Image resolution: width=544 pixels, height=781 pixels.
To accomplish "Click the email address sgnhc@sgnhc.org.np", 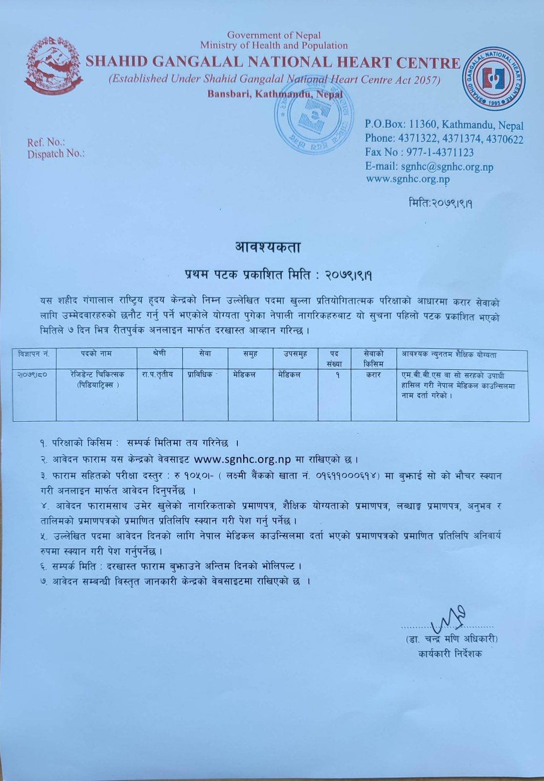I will (x=429, y=166).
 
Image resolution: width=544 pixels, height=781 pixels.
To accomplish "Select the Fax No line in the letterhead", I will (x=419, y=152).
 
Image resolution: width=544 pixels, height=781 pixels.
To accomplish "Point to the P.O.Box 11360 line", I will (x=443, y=125).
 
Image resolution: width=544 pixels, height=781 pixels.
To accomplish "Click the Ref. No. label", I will (x=46, y=143).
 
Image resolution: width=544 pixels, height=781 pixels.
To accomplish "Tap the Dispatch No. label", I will (x=56, y=154).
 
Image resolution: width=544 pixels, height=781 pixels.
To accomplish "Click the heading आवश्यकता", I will (x=268, y=247).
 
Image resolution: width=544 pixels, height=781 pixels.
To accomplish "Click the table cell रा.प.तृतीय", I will (x=157, y=375).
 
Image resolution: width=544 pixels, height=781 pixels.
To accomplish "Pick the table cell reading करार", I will (x=373, y=375).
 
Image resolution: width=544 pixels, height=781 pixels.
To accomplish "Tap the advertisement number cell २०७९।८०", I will (x=34, y=375).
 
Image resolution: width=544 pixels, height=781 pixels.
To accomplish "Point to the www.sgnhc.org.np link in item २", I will (x=243, y=459).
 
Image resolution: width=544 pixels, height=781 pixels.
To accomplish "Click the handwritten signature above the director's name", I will (x=448, y=617).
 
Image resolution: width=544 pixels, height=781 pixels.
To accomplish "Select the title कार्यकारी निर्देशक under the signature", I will (x=450, y=654).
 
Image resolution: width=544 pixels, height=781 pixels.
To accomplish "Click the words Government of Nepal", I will (x=274, y=35).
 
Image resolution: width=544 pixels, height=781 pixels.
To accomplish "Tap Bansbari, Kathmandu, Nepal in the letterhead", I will (x=275, y=94).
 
